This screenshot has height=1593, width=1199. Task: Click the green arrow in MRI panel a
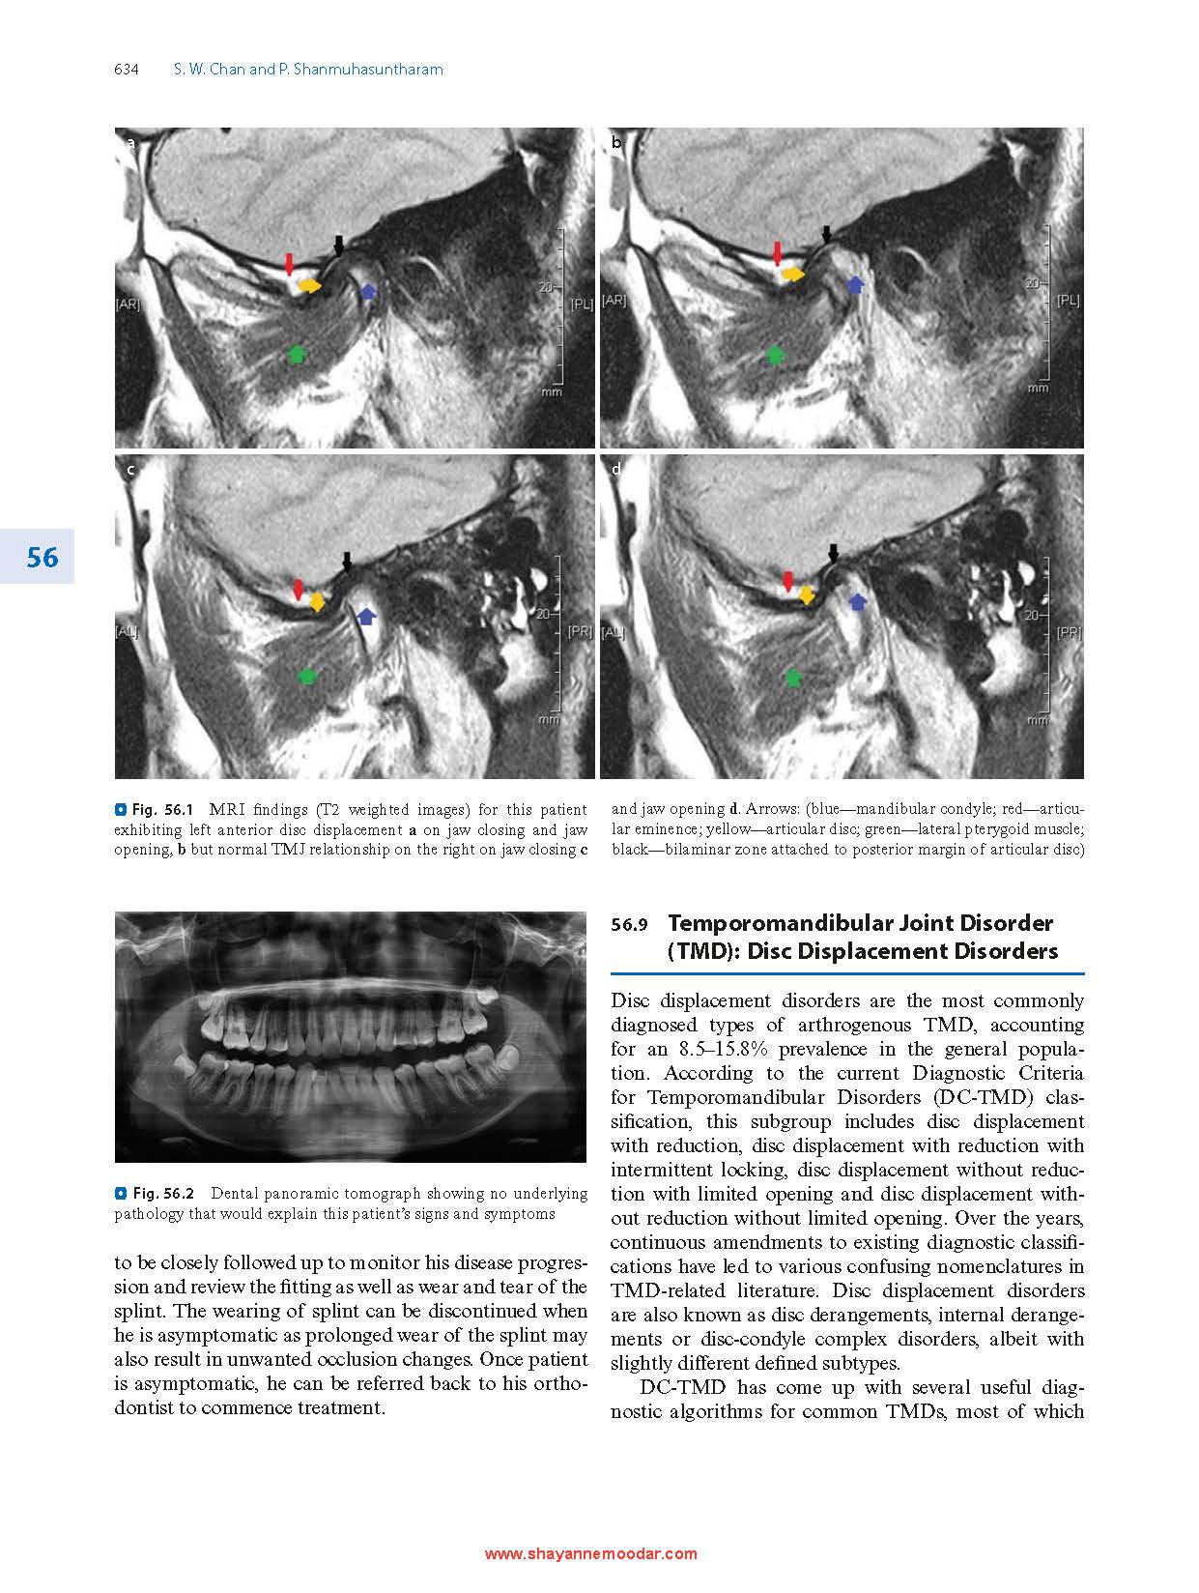(x=298, y=354)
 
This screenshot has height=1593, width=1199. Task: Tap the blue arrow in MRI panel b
(x=854, y=284)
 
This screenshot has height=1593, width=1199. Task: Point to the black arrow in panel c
(x=348, y=562)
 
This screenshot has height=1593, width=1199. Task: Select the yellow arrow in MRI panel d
(x=807, y=594)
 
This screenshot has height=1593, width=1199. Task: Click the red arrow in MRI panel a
(x=288, y=262)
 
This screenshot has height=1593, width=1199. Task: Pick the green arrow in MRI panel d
(x=793, y=677)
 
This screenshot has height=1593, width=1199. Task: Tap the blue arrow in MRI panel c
(x=367, y=616)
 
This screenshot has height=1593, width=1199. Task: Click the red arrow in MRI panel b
(x=778, y=253)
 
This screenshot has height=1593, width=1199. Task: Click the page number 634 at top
(x=127, y=70)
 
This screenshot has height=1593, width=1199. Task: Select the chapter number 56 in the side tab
(x=43, y=558)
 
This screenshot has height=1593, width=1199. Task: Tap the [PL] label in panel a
(x=581, y=304)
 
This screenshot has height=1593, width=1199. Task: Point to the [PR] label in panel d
(x=1068, y=633)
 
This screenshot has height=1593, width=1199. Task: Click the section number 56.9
(x=628, y=925)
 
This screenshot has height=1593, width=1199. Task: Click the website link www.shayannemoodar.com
(x=590, y=1554)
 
